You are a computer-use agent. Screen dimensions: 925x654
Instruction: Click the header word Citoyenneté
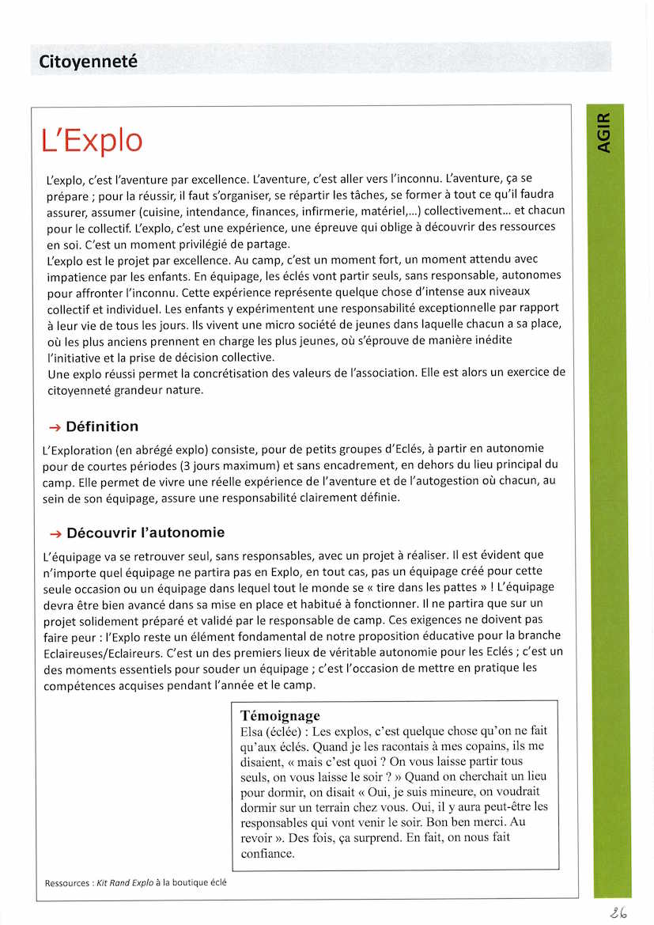[x=88, y=60]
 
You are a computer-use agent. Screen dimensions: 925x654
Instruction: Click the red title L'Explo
[x=92, y=140]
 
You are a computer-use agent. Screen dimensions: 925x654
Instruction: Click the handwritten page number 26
[x=619, y=912]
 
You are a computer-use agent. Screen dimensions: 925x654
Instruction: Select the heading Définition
[x=102, y=426]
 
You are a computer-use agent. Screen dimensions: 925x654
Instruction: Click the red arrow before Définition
[x=55, y=427]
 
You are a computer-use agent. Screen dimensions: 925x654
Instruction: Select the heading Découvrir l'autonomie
[x=146, y=533]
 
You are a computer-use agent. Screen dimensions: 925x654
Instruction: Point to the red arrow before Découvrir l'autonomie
[x=55, y=533]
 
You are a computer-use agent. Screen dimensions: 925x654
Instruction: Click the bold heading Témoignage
[x=280, y=715]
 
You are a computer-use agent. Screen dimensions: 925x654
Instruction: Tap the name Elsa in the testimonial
[x=252, y=731]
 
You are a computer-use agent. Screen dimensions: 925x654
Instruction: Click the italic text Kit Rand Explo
[x=125, y=882]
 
